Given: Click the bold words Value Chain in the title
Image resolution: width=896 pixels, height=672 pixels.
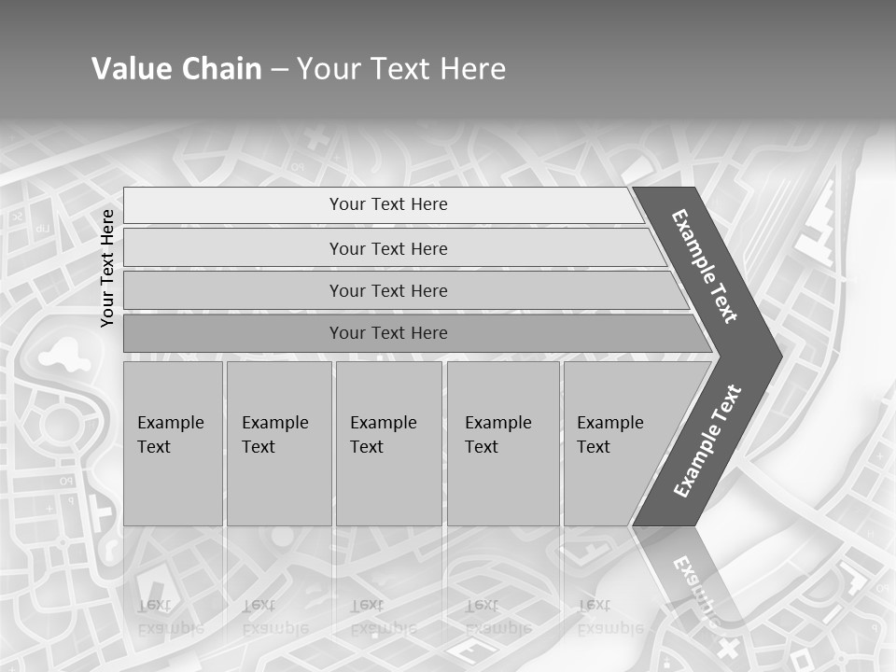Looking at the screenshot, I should pos(176,69).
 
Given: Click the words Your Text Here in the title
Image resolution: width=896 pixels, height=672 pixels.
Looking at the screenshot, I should pos(401,69).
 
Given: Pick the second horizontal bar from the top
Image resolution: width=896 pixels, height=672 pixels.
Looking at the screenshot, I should pos(388,248).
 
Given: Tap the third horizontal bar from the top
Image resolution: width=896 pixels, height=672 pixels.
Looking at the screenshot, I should pos(388,290).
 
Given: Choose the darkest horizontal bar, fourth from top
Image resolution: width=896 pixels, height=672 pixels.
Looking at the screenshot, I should pos(388,333).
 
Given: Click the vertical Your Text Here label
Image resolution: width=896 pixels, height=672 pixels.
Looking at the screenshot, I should pos(107,268).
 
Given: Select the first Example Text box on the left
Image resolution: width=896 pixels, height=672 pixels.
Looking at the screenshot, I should pos(173,442).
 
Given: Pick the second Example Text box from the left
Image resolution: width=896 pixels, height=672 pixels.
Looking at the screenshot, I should pos(278,442).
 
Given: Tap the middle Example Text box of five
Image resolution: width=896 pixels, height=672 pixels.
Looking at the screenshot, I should pos(388,442).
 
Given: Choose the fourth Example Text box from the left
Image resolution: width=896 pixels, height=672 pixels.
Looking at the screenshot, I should pos(502,442).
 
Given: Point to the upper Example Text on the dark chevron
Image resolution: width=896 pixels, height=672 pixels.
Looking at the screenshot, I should pos(705,266).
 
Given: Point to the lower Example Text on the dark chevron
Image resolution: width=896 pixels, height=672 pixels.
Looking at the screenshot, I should pos(707,441).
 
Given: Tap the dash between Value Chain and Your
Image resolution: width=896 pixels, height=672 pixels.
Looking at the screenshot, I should pos(279,70).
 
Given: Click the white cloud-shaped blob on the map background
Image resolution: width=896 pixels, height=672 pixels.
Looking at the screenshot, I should pos(60,354).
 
